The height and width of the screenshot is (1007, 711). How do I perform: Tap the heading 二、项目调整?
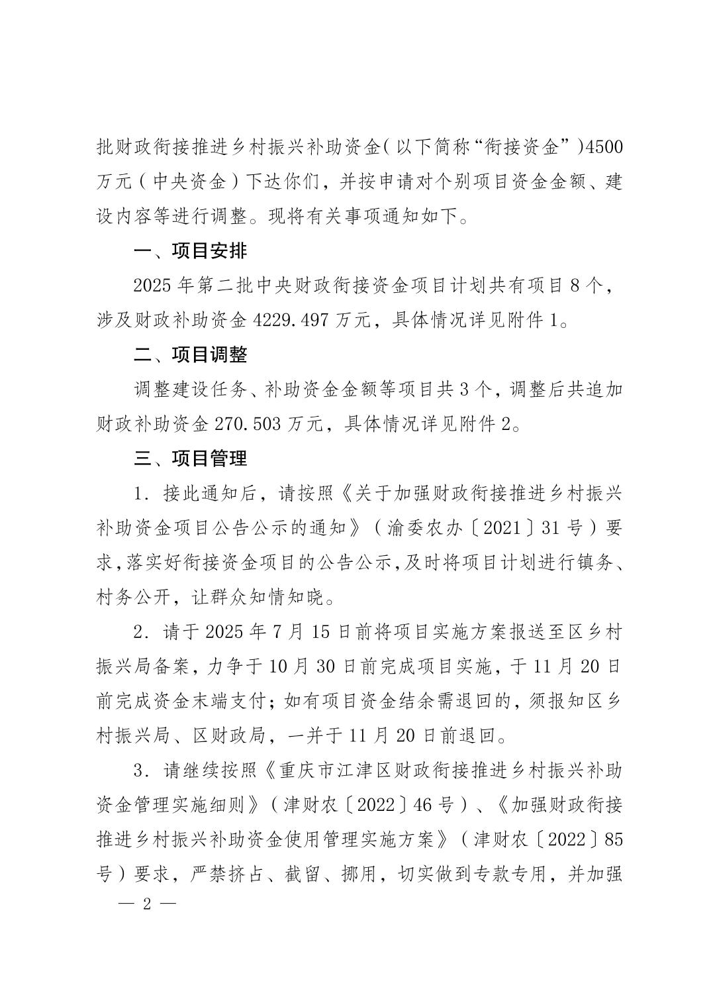[x=190, y=355]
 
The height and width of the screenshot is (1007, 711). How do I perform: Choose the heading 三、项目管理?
[x=190, y=458]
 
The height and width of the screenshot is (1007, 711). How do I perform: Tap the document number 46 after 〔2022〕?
[x=422, y=805]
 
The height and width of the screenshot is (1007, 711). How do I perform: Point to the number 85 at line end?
[x=614, y=839]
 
